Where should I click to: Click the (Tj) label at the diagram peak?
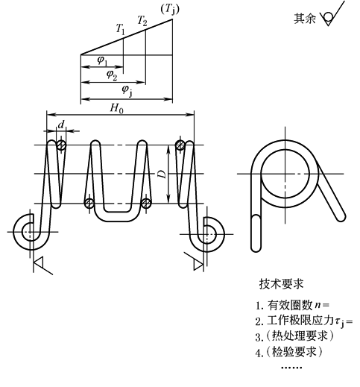(170, 10)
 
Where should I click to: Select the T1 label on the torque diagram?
(121, 28)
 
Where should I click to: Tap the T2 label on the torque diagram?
(142, 20)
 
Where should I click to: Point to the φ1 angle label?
(103, 60)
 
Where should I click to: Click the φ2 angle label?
(112, 75)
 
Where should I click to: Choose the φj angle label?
(127, 91)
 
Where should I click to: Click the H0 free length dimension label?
(116, 108)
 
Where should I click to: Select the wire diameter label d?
(61, 125)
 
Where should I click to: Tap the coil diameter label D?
(162, 174)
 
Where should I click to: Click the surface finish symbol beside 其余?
(332, 16)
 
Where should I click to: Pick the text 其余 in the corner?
(305, 19)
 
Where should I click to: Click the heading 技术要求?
(281, 284)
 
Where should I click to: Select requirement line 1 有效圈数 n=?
(292, 305)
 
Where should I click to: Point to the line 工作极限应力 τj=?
(304, 321)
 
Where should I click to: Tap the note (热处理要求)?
(294, 336)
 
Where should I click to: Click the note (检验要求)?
(289, 352)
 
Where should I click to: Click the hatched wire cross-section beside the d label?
(61, 145)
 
